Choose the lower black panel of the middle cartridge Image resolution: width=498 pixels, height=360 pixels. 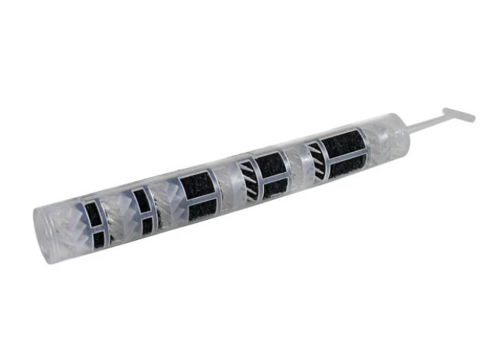pyautogui.click(x=202, y=210)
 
